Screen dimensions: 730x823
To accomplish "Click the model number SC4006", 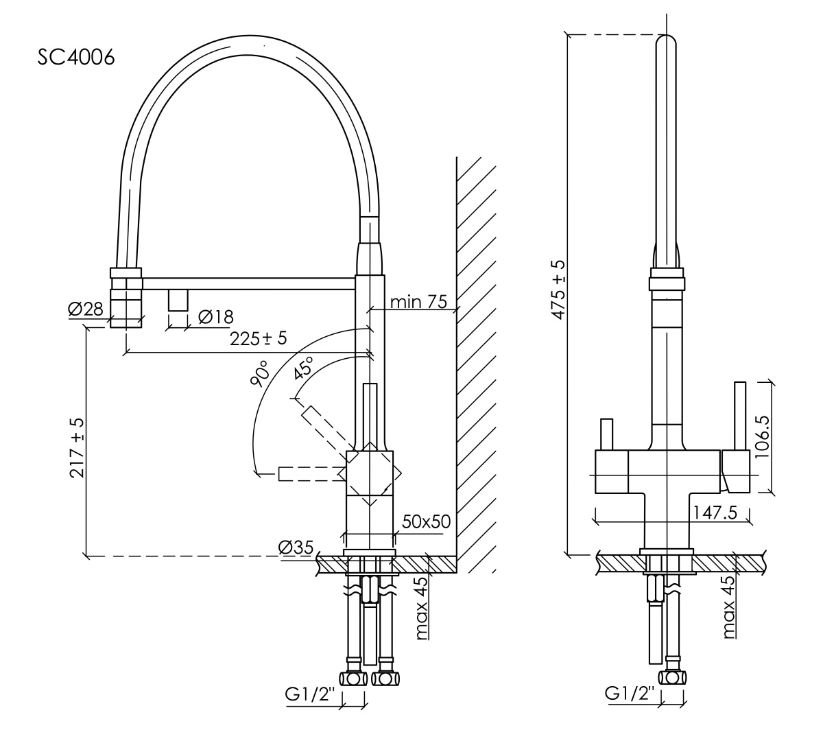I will (x=76, y=57).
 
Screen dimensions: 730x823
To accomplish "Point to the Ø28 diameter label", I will (x=85, y=309).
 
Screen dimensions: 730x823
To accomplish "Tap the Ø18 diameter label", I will (x=215, y=316).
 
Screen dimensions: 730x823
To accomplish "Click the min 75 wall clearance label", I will (x=418, y=301).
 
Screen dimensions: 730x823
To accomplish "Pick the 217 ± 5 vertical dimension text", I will (x=78, y=448).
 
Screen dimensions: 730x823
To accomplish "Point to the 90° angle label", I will (x=260, y=373).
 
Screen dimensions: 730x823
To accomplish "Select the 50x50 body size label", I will (x=426, y=521).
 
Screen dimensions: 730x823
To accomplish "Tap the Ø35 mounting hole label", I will (x=296, y=547).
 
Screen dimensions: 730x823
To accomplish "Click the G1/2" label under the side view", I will (x=309, y=694).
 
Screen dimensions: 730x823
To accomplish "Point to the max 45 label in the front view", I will (x=728, y=607).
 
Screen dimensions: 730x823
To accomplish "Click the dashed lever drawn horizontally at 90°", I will (x=309, y=473).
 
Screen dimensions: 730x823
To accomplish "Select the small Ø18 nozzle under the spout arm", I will (x=177, y=299).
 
